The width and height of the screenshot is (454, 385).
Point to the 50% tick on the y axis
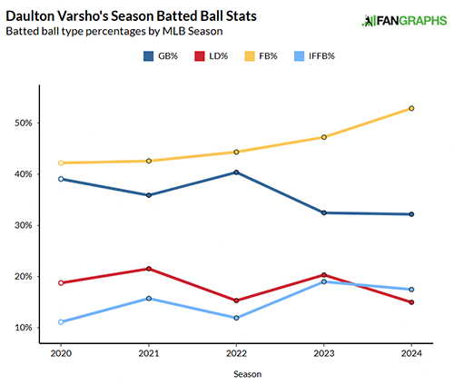coord(26,123)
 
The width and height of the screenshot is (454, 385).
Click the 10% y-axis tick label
coord(26,328)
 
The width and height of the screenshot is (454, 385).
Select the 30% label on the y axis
coord(26,225)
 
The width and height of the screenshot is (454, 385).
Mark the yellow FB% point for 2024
coord(411,109)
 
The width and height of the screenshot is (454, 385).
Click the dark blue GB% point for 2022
coord(236,173)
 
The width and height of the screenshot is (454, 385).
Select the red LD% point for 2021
coord(149,269)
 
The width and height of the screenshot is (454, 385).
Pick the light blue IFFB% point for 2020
coord(61,322)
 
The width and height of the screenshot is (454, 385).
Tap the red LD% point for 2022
coord(236,301)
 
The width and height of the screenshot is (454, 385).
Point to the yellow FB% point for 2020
coord(61,163)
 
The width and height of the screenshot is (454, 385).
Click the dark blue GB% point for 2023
coord(324,212)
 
